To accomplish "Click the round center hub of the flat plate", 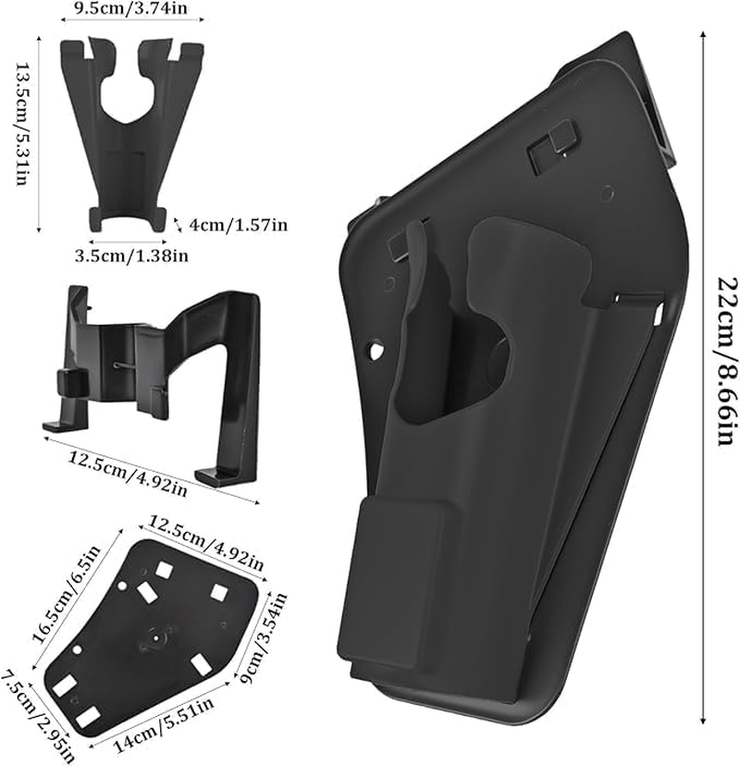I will [154, 636].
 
